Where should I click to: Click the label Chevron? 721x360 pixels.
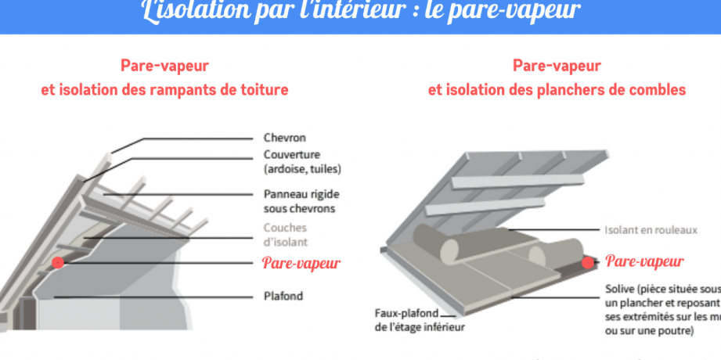[284, 139]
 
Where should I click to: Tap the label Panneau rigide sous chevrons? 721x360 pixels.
[301, 201]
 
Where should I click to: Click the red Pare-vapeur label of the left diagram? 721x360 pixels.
[301, 263]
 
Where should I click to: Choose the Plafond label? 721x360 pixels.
[283, 297]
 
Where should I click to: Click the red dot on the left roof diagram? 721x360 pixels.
[58, 263]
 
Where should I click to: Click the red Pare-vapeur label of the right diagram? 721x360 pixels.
[645, 261]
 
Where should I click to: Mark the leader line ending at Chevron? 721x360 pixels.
[196, 139]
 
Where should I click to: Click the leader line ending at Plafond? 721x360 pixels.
[157, 297]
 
